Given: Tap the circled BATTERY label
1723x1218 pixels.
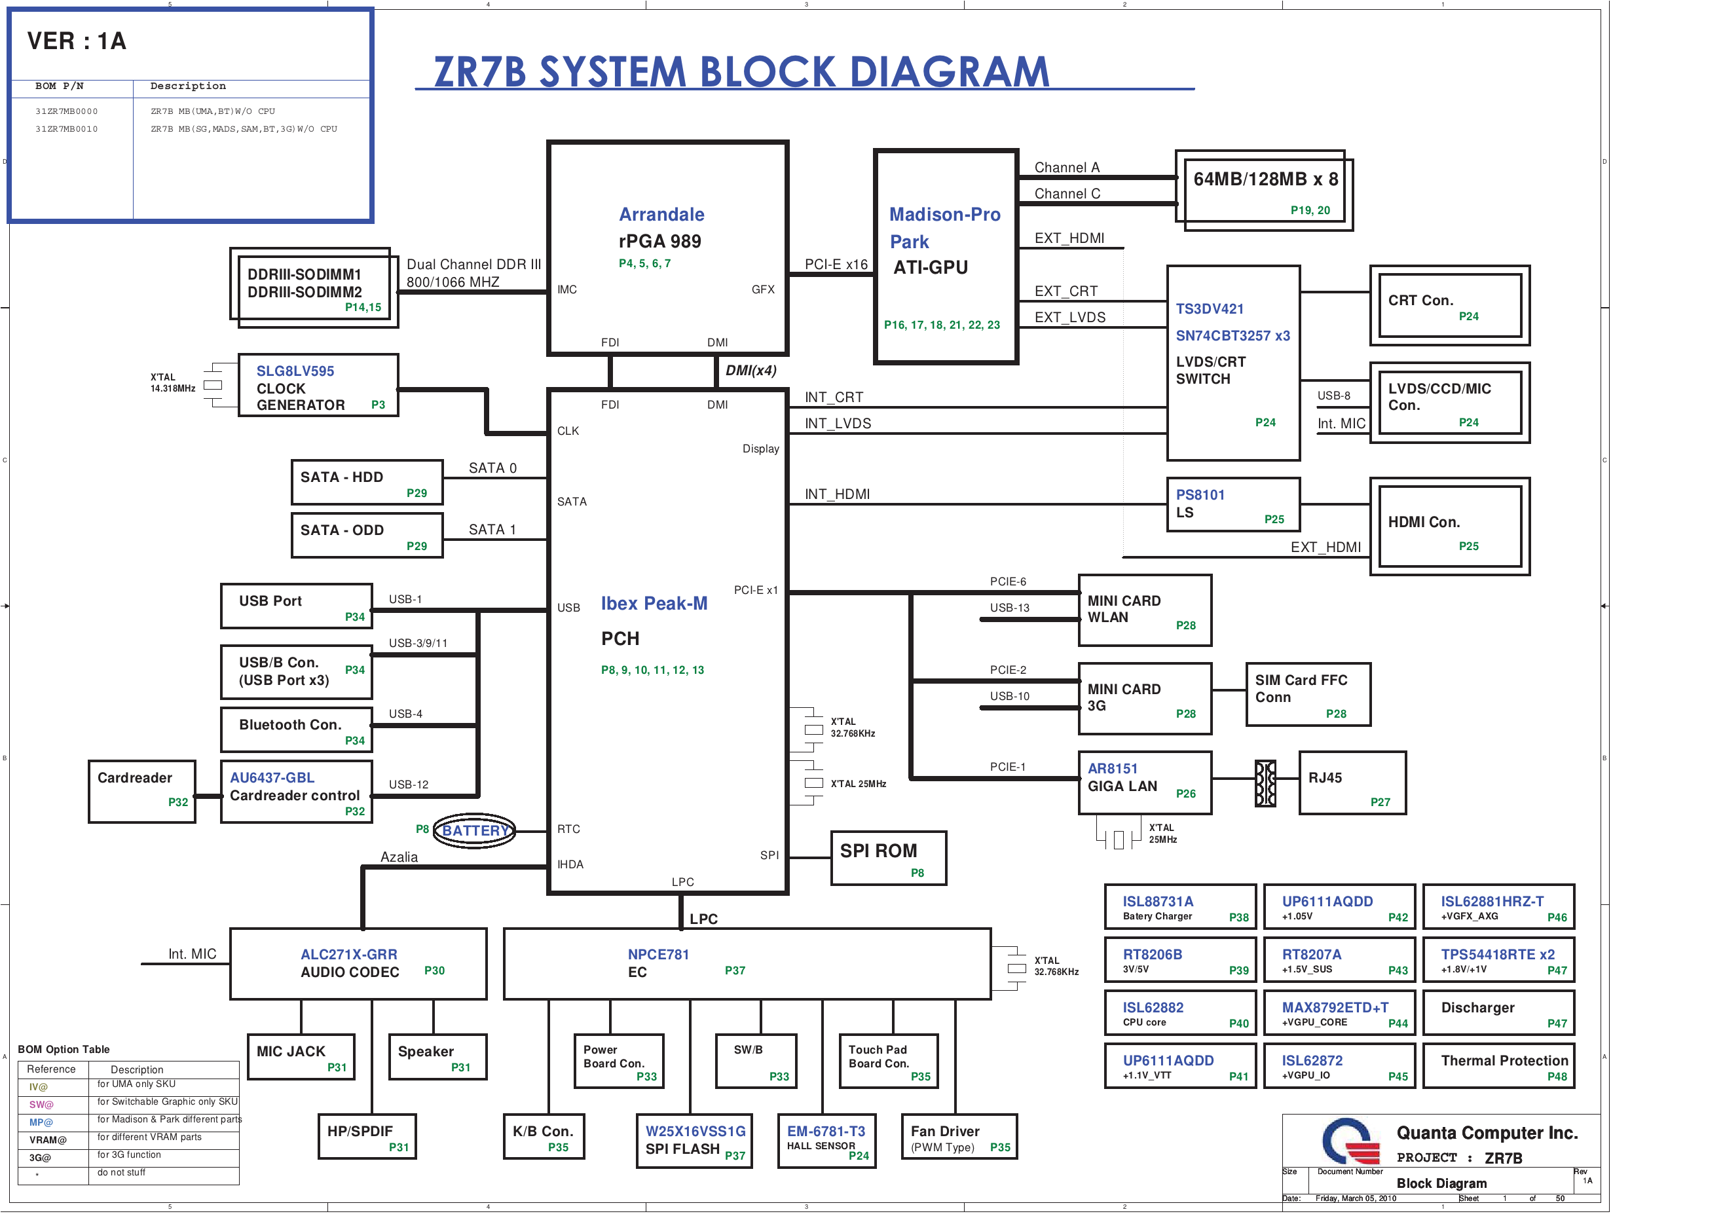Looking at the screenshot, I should [x=474, y=831].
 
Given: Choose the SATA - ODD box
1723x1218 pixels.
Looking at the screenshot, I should [x=367, y=535].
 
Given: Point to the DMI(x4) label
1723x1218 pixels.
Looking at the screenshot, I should [x=750, y=371].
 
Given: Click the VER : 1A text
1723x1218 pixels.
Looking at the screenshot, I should [x=77, y=41].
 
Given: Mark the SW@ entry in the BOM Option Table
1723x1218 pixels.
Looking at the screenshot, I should [x=41, y=1105].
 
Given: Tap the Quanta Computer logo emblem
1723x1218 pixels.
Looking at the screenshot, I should [x=1350, y=1141].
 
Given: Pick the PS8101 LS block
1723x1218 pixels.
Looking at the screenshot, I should [x=1232, y=505].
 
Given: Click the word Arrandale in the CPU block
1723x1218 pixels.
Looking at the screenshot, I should [x=661, y=215].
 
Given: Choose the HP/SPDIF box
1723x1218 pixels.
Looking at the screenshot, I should [x=367, y=1137].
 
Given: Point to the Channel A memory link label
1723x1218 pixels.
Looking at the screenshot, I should [x=1066, y=168].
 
